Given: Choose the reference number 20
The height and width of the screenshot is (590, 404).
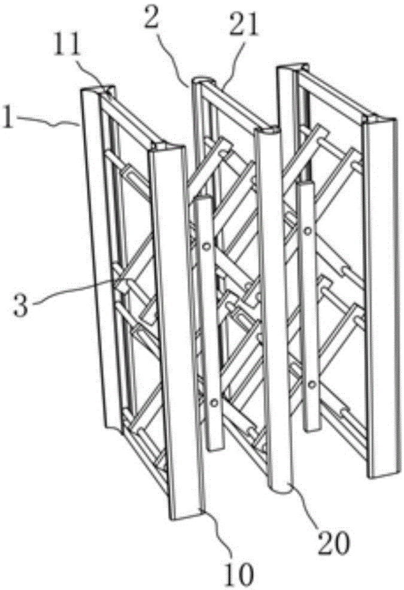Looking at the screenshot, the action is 333,543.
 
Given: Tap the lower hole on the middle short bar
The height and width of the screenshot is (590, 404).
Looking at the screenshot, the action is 214,403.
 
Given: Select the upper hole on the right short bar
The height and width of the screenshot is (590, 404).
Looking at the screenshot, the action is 308,230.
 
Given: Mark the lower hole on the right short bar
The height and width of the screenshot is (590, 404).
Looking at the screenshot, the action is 312,384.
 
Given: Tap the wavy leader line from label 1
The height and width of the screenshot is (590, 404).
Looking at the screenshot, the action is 47,120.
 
